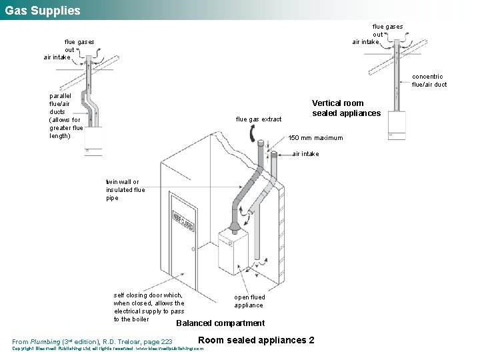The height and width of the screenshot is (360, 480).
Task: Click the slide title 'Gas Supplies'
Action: tap(41, 10)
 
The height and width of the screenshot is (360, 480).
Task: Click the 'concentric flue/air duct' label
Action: tap(429, 81)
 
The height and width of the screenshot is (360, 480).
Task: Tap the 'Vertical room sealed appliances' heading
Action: tap(346, 108)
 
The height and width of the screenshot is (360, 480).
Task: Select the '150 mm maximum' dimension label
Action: tap(315, 138)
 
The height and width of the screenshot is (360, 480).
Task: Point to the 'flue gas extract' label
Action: tap(259, 119)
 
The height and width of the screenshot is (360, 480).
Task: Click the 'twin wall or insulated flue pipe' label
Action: tap(125, 190)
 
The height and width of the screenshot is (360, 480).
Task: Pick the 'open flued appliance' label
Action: tap(249, 301)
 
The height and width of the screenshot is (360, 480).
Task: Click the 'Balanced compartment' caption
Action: tap(220, 323)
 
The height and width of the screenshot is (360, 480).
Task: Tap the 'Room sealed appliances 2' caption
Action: tap(257, 340)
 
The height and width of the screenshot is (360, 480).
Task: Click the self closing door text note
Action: tap(149, 307)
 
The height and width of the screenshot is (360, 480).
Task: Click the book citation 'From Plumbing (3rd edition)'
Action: tap(92, 341)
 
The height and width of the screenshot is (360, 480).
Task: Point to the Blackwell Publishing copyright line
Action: tap(107, 349)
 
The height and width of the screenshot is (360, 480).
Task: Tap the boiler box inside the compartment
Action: tap(233, 251)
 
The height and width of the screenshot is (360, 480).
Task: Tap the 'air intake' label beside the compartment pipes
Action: tap(305, 154)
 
